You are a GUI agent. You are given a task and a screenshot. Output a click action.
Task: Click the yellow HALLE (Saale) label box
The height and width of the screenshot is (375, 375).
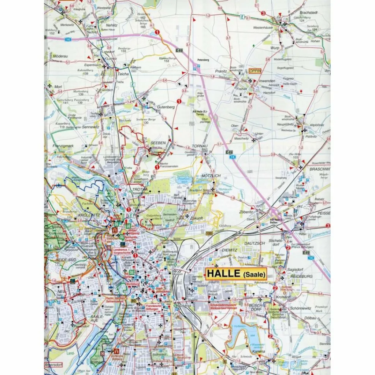tap(237, 274)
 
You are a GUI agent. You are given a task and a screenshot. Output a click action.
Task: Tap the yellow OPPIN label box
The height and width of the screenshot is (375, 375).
tap(256, 71)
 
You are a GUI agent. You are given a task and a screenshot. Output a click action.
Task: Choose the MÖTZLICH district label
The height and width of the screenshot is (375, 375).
tap(211, 176)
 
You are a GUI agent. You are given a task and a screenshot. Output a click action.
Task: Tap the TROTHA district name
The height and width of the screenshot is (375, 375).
tap(140, 189)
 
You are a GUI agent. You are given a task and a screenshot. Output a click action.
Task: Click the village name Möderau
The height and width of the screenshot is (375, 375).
tap(60, 56)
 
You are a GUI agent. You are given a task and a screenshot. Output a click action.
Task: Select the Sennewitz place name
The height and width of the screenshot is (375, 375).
tap(91, 127)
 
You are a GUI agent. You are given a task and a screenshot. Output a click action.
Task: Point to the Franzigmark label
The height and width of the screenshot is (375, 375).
tap(63, 145)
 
